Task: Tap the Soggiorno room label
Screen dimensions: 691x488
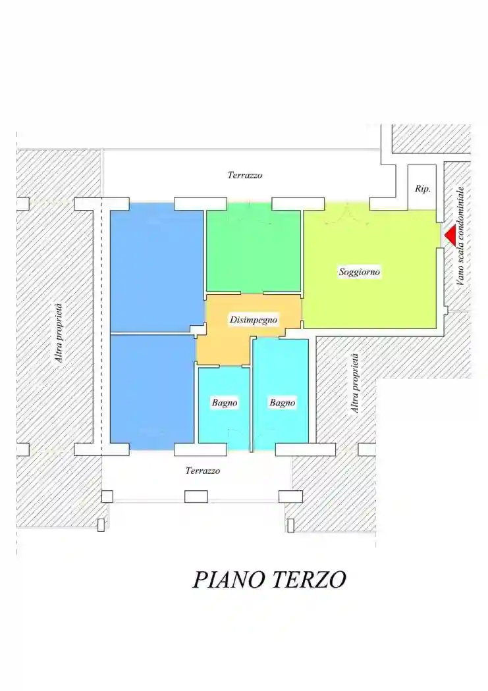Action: [x=360, y=272]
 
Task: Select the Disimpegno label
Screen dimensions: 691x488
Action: [x=254, y=320]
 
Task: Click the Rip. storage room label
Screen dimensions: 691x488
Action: [x=422, y=189]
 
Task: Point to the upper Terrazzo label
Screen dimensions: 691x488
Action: [x=245, y=175]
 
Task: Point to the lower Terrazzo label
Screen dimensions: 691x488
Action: [x=202, y=471]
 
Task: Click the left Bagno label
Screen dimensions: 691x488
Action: [x=225, y=403]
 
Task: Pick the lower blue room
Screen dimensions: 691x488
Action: [x=153, y=388]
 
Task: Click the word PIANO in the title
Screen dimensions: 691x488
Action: [x=228, y=580]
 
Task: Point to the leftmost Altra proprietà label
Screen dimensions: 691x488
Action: [x=59, y=332]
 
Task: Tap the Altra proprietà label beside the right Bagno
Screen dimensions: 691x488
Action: [x=356, y=383]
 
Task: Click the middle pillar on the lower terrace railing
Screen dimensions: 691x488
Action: [x=196, y=496]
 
